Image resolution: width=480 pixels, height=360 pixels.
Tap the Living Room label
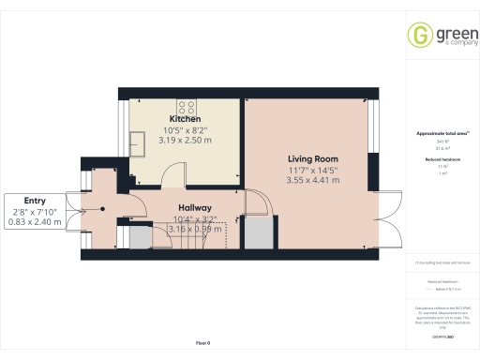point(312,158)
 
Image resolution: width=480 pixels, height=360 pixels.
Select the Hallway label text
point(195,208)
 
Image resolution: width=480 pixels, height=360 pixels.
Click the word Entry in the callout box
point(35,201)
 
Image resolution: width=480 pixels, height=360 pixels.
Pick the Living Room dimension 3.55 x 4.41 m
point(312,180)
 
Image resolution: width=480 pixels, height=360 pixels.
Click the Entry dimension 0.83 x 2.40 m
point(35,222)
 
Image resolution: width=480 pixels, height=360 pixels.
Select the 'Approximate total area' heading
point(442,133)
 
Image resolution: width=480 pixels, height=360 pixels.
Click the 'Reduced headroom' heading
point(440,160)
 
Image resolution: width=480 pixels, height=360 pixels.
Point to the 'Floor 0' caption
point(202,343)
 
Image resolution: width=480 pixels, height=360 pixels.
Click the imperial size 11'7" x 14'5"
point(312,170)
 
